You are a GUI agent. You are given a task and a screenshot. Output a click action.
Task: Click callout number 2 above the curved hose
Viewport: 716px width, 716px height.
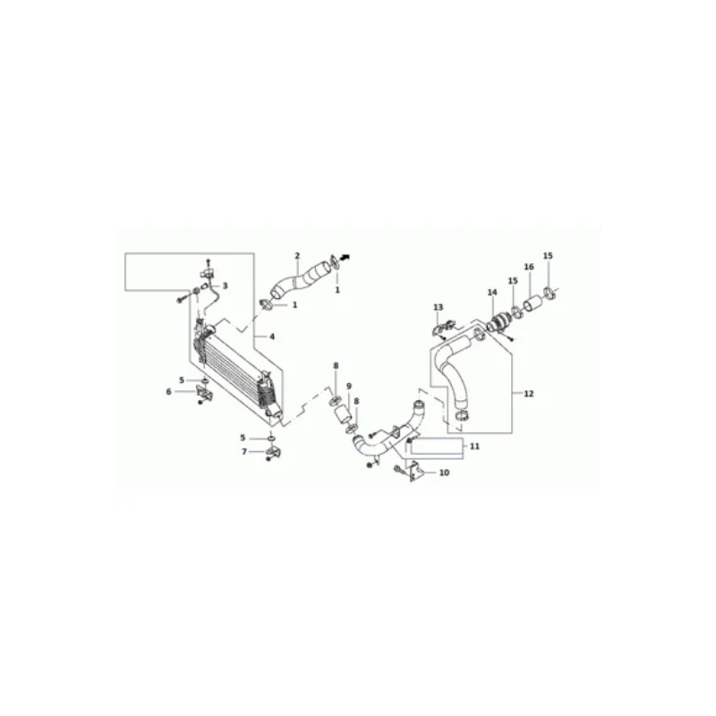[x=297, y=256]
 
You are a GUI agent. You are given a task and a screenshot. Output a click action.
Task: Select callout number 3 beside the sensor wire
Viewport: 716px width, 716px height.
[x=225, y=286]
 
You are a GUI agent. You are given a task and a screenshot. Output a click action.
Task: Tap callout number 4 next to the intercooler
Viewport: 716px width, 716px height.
[x=272, y=337]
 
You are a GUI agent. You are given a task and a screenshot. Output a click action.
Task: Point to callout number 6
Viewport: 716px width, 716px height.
[x=168, y=392]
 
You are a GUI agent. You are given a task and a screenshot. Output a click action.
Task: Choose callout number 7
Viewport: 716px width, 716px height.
[x=244, y=452]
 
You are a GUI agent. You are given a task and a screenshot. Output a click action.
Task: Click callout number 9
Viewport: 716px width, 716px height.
[x=349, y=387]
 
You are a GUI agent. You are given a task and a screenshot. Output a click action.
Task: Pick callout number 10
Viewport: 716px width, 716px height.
[x=444, y=473]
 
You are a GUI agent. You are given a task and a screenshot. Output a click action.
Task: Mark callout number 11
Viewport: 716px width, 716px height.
[x=475, y=446]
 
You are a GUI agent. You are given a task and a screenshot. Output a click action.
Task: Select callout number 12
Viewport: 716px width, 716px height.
[x=528, y=394]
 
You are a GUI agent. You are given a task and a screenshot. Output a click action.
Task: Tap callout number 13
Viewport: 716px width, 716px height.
[x=439, y=307]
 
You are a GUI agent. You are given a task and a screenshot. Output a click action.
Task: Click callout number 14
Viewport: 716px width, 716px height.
[x=492, y=293]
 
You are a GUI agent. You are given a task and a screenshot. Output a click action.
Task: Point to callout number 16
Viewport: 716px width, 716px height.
[x=529, y=267]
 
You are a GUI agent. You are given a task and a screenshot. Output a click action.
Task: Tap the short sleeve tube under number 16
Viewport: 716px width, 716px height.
[x=533, y=304]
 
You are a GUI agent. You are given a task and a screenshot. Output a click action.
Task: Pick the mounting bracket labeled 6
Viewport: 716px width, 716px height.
[x=204, y=392]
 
